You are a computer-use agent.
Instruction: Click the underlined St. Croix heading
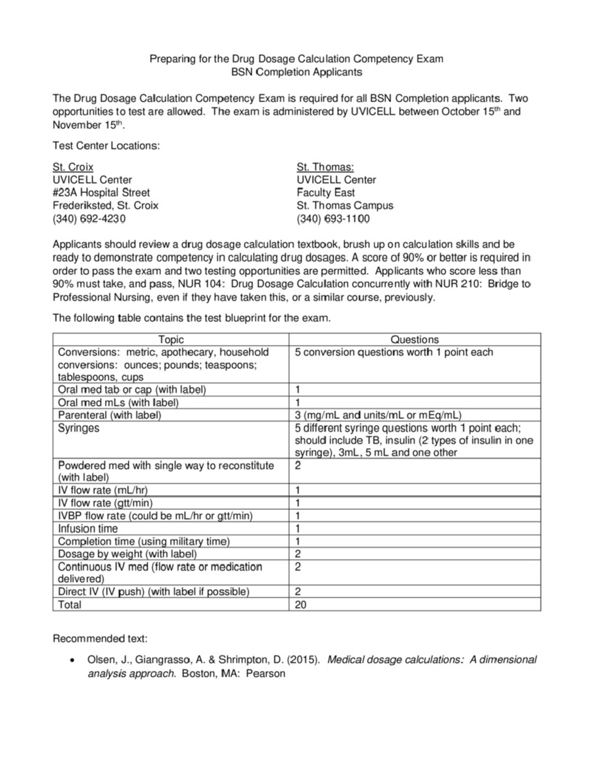pos(73,167)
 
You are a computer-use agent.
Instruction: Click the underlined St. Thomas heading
pos(325,167)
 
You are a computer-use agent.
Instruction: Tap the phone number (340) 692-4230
pos(89,219)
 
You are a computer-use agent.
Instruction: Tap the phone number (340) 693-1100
pos(333,219)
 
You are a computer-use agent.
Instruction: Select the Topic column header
pos(171,339)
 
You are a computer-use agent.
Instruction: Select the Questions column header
pos(414,339)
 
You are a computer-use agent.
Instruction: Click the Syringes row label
pos(79,428)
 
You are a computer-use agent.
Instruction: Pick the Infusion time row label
pos(88,528)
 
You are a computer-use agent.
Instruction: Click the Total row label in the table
pos(70,605)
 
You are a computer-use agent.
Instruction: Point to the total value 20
pos(300,605)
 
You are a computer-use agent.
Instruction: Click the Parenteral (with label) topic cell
pos(109,415)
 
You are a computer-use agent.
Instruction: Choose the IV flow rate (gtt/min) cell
pos(105,503)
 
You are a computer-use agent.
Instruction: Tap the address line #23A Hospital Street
pos(101,193)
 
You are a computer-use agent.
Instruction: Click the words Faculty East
pos(326,193)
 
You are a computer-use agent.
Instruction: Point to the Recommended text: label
pos(100,639)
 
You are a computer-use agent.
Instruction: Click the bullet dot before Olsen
pos(74,660)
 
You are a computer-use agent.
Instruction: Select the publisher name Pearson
pos(266,674)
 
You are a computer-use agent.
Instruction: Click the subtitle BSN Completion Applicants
pos(296,72)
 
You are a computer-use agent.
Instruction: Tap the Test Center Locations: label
pos(106,146)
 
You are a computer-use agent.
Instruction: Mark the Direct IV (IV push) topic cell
pos(154,591)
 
